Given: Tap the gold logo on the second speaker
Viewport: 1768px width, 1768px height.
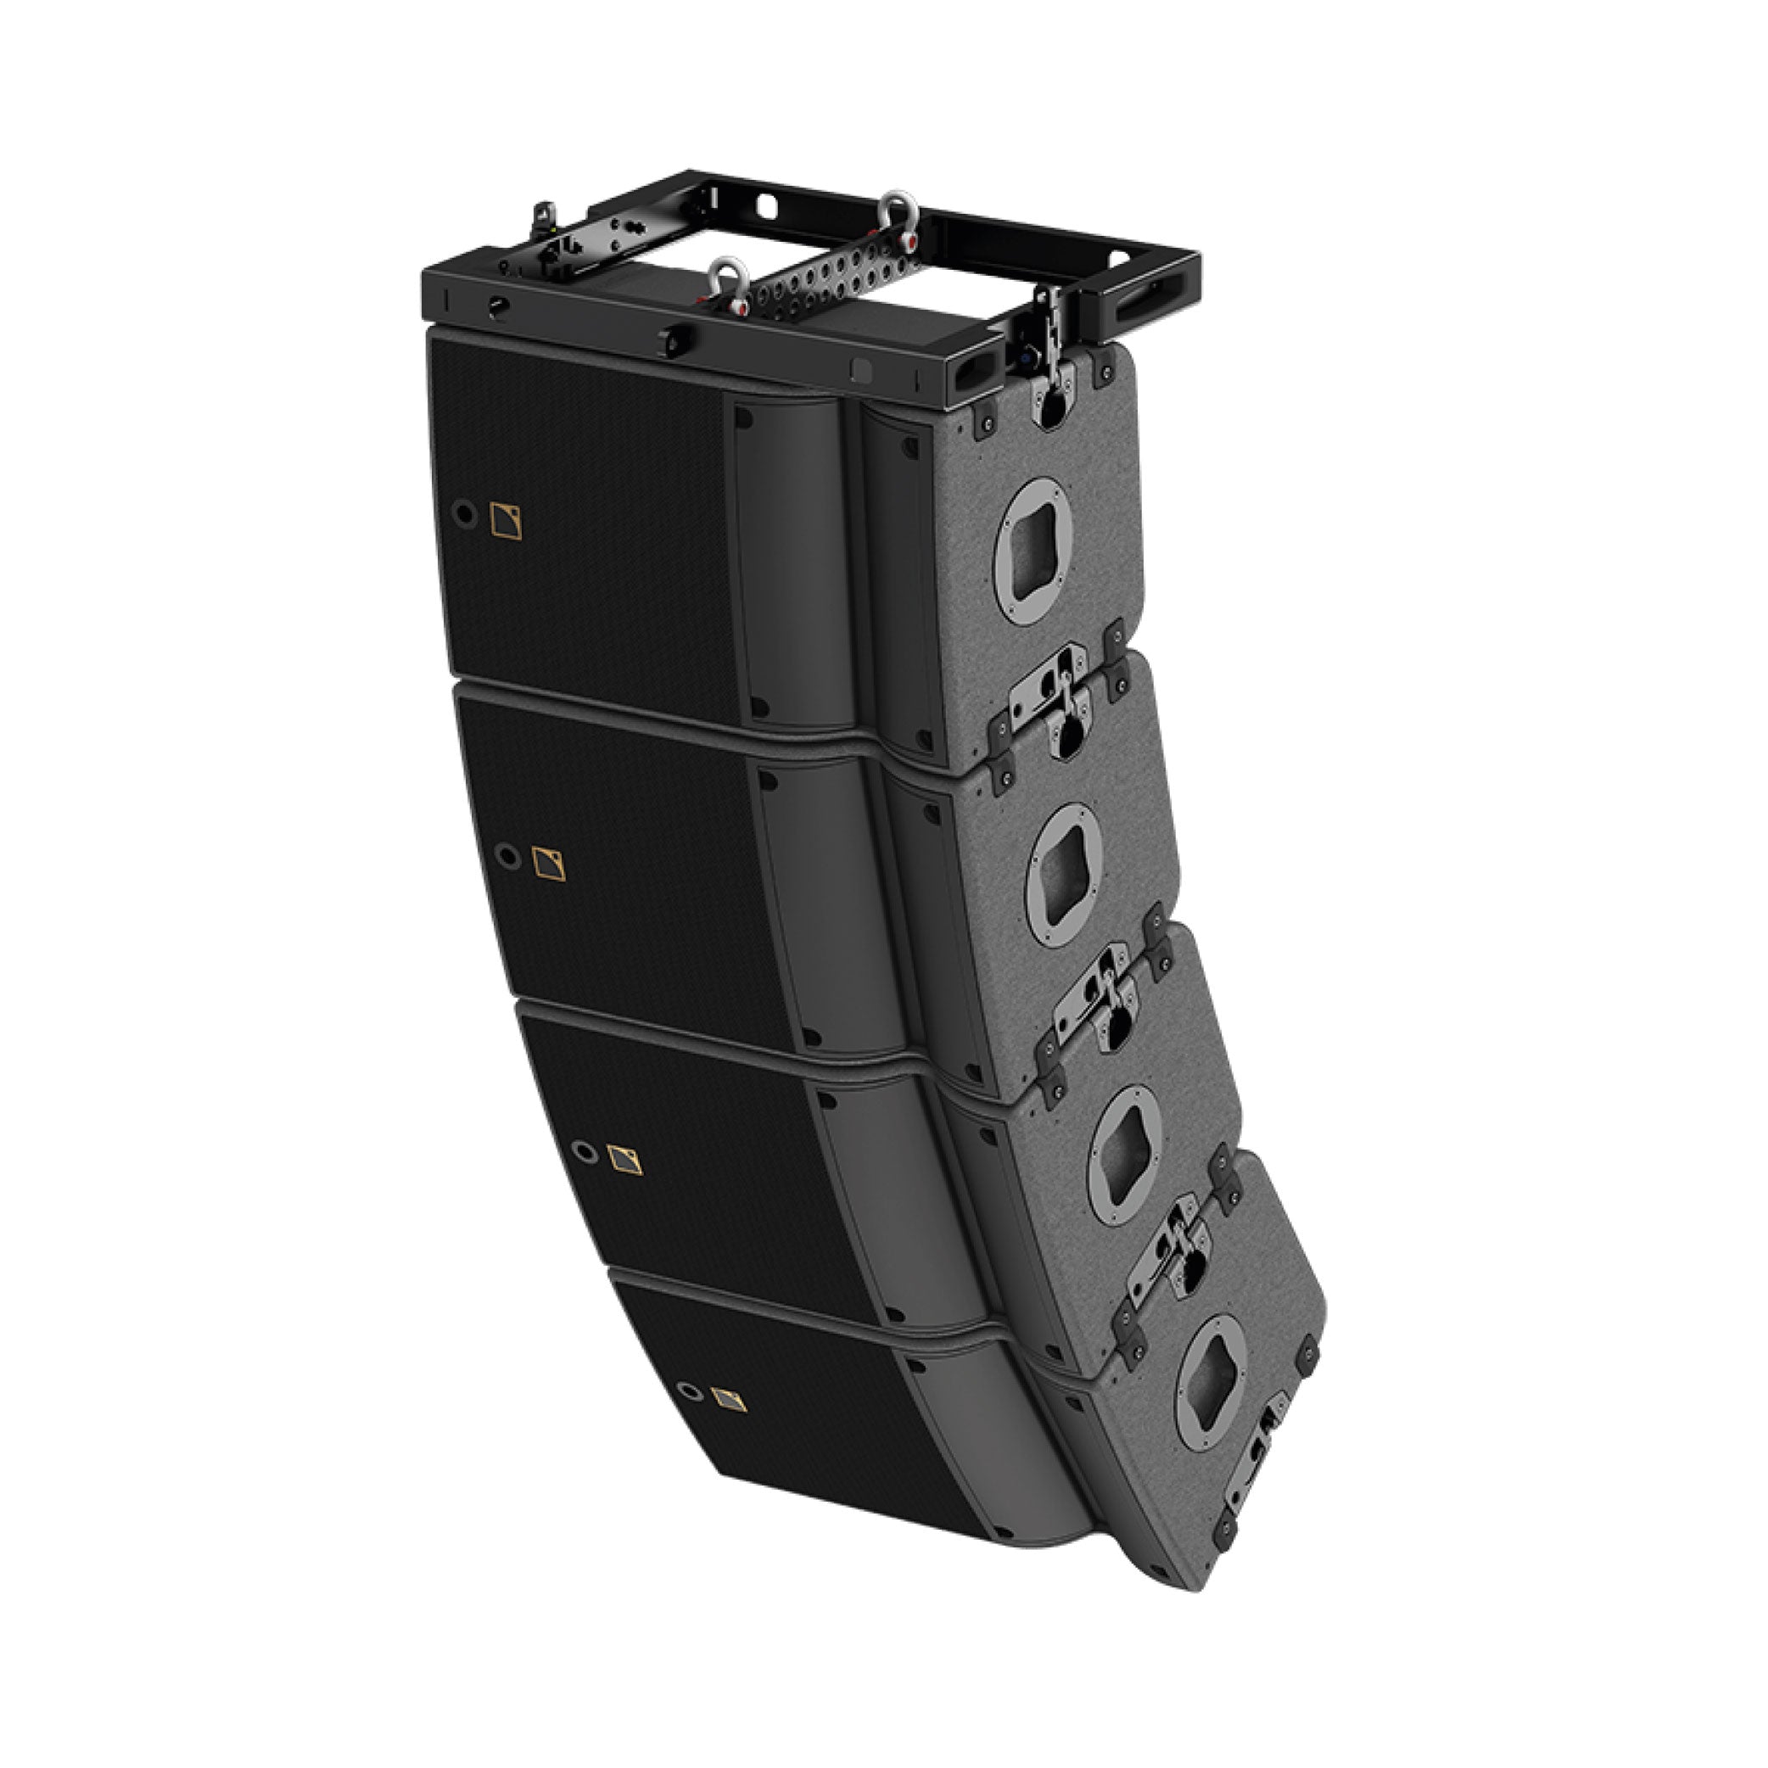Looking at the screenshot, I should click(x=549, y=864).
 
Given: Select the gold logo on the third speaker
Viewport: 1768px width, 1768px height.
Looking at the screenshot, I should click(x=625, y=1161).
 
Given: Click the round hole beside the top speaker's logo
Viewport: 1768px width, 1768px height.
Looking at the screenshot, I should click(x=467, y=514).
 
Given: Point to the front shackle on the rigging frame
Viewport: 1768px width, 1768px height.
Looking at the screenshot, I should click(x=731, y=281).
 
